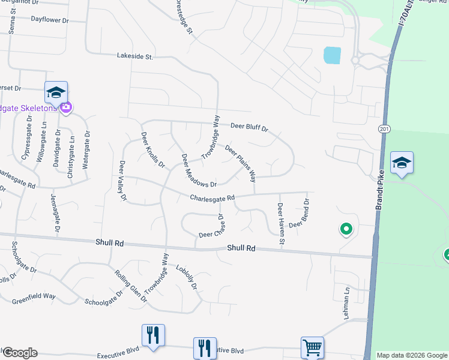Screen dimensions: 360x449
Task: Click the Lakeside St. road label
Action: pyautogui.click(x=135, y=57)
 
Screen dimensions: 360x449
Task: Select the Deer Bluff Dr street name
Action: pyautogui.click(x=249, y=127)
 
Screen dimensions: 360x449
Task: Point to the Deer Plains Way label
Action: pyautogui.click(x=241, y=163)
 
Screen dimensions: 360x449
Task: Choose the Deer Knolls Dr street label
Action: pyautogui.click(x=152, y=150)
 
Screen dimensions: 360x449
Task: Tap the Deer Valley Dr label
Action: pyautogui.click(x=123, y=181)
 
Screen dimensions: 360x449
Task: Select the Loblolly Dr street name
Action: pyautogui.click(x=187, y=278)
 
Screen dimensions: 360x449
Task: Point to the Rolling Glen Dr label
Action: pyautogui.click(x=131, y=286)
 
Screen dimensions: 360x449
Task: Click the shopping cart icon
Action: pyautogui.click(x=312, y=347)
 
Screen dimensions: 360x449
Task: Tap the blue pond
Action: pyautogui.click(x=332, y=55)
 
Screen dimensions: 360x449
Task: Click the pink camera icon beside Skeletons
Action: pyautogui.click(x=65, y=107)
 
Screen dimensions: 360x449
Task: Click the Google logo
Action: pyautogui.click(x=20, y=353)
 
